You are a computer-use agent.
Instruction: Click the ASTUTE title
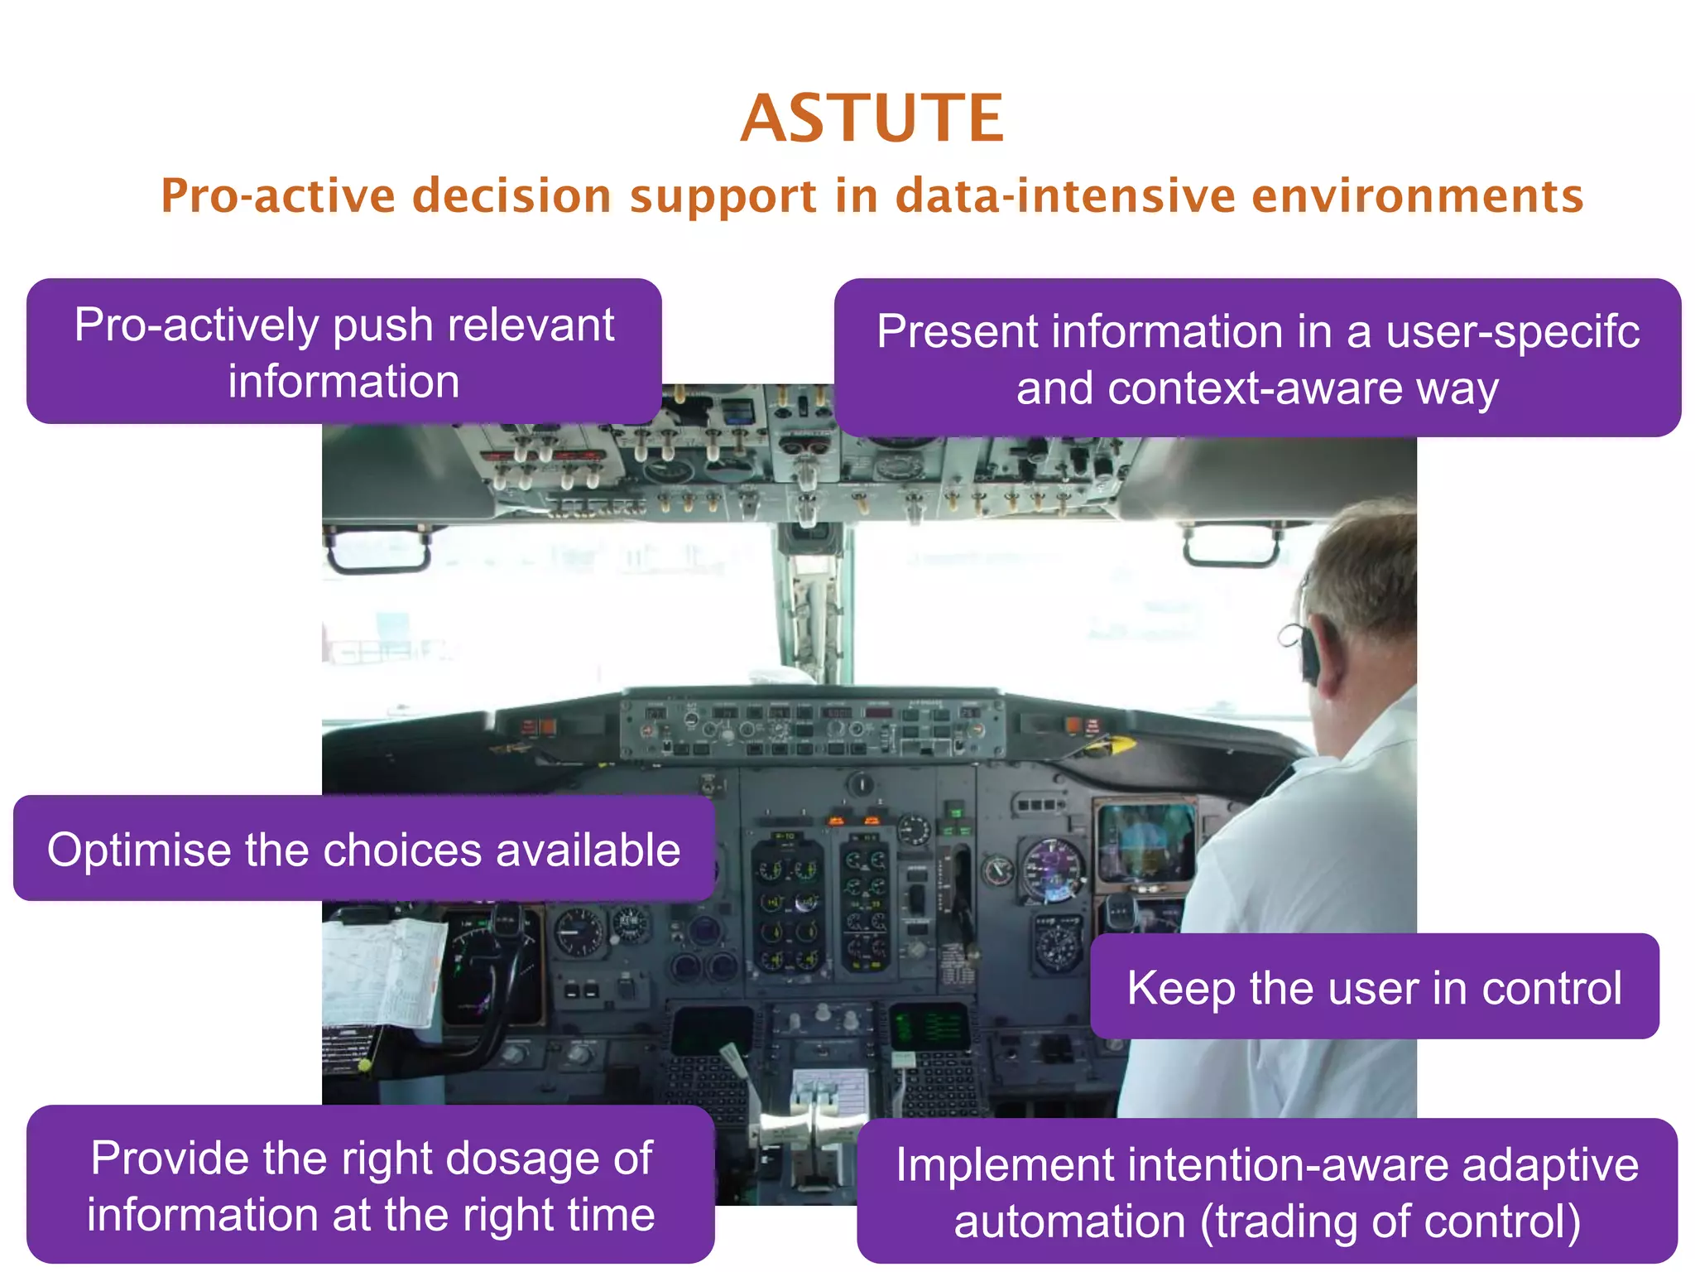click(x=872, y=118)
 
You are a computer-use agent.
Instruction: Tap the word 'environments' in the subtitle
click(x=1417, y=196)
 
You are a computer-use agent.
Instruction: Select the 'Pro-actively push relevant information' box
click(x=343, y=352)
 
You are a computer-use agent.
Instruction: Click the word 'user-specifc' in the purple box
click(x=1512, y=331)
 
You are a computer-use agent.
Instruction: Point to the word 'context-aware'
click(x=1255, y=388)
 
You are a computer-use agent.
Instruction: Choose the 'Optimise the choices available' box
click(x=363, y=849)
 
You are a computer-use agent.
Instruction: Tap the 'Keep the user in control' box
click(x=1374, y=986)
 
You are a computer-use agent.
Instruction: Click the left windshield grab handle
click(x=379, y=550)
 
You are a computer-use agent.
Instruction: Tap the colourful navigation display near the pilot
click(x=1146, y=841)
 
